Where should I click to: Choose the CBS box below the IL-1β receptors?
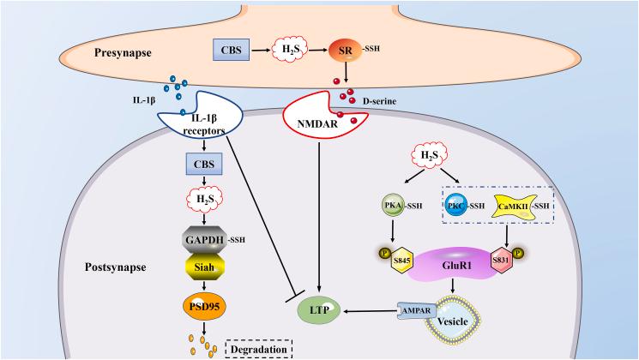(x=204, y=162)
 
